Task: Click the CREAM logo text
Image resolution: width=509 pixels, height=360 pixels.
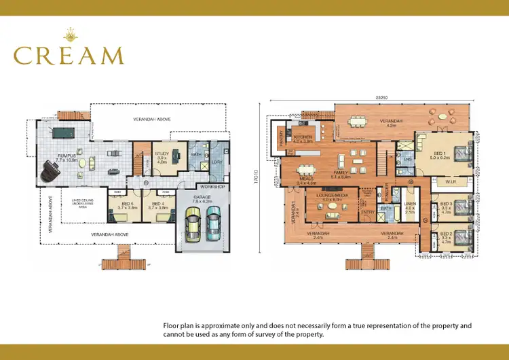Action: [x=69, y=55]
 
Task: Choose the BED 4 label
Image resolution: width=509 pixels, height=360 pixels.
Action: [x=158, y=204]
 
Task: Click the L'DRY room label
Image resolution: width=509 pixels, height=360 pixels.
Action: [x=216, y=162]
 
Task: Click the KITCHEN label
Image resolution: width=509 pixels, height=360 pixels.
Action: [x=302, y=137]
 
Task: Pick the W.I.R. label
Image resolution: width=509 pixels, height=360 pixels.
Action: [x=450, y=181]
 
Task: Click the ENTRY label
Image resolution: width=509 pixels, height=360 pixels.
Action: [x=367, y=212]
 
